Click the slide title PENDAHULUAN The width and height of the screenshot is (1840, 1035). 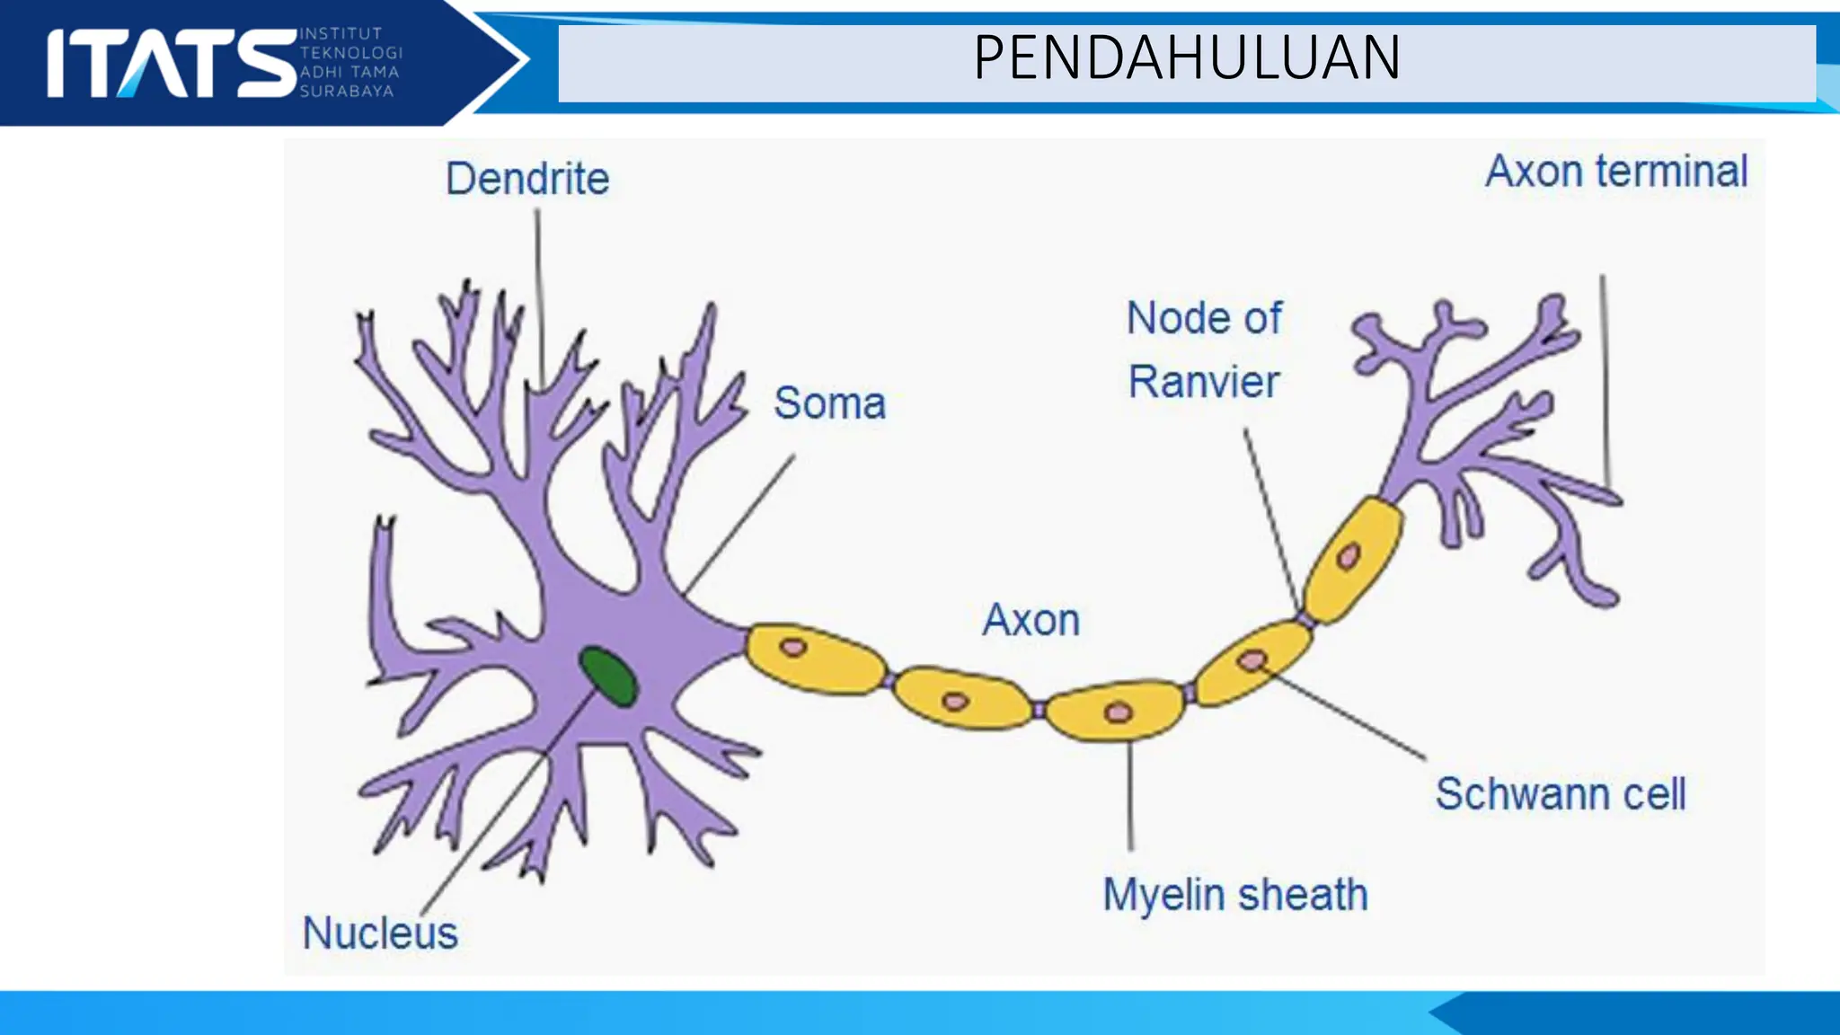(1186, 58)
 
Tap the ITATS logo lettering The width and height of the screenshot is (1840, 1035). (171, 63)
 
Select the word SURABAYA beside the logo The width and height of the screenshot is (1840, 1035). (346, 92)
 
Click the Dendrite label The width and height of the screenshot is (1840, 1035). (527, 179)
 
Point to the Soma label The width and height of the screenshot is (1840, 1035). (829, 403)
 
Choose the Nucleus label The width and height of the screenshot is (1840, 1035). (380, 933)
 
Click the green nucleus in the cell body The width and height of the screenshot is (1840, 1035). (608, 676)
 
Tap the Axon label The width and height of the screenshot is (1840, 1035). (1031, 620)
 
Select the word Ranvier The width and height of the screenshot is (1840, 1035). (1203, 382)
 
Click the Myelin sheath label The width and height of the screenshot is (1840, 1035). (1235, 895)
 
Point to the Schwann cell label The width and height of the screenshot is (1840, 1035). (1560, 794)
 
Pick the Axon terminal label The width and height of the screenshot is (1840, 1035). (1616, 172)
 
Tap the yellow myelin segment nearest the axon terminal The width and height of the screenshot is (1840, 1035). (1352, 559)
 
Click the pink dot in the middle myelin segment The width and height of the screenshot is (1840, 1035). (1118, 712)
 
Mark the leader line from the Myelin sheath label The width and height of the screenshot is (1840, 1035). (1130, 795)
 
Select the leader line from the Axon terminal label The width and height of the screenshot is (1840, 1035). (1605, 377)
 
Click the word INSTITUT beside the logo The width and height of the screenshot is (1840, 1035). (341, 34)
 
